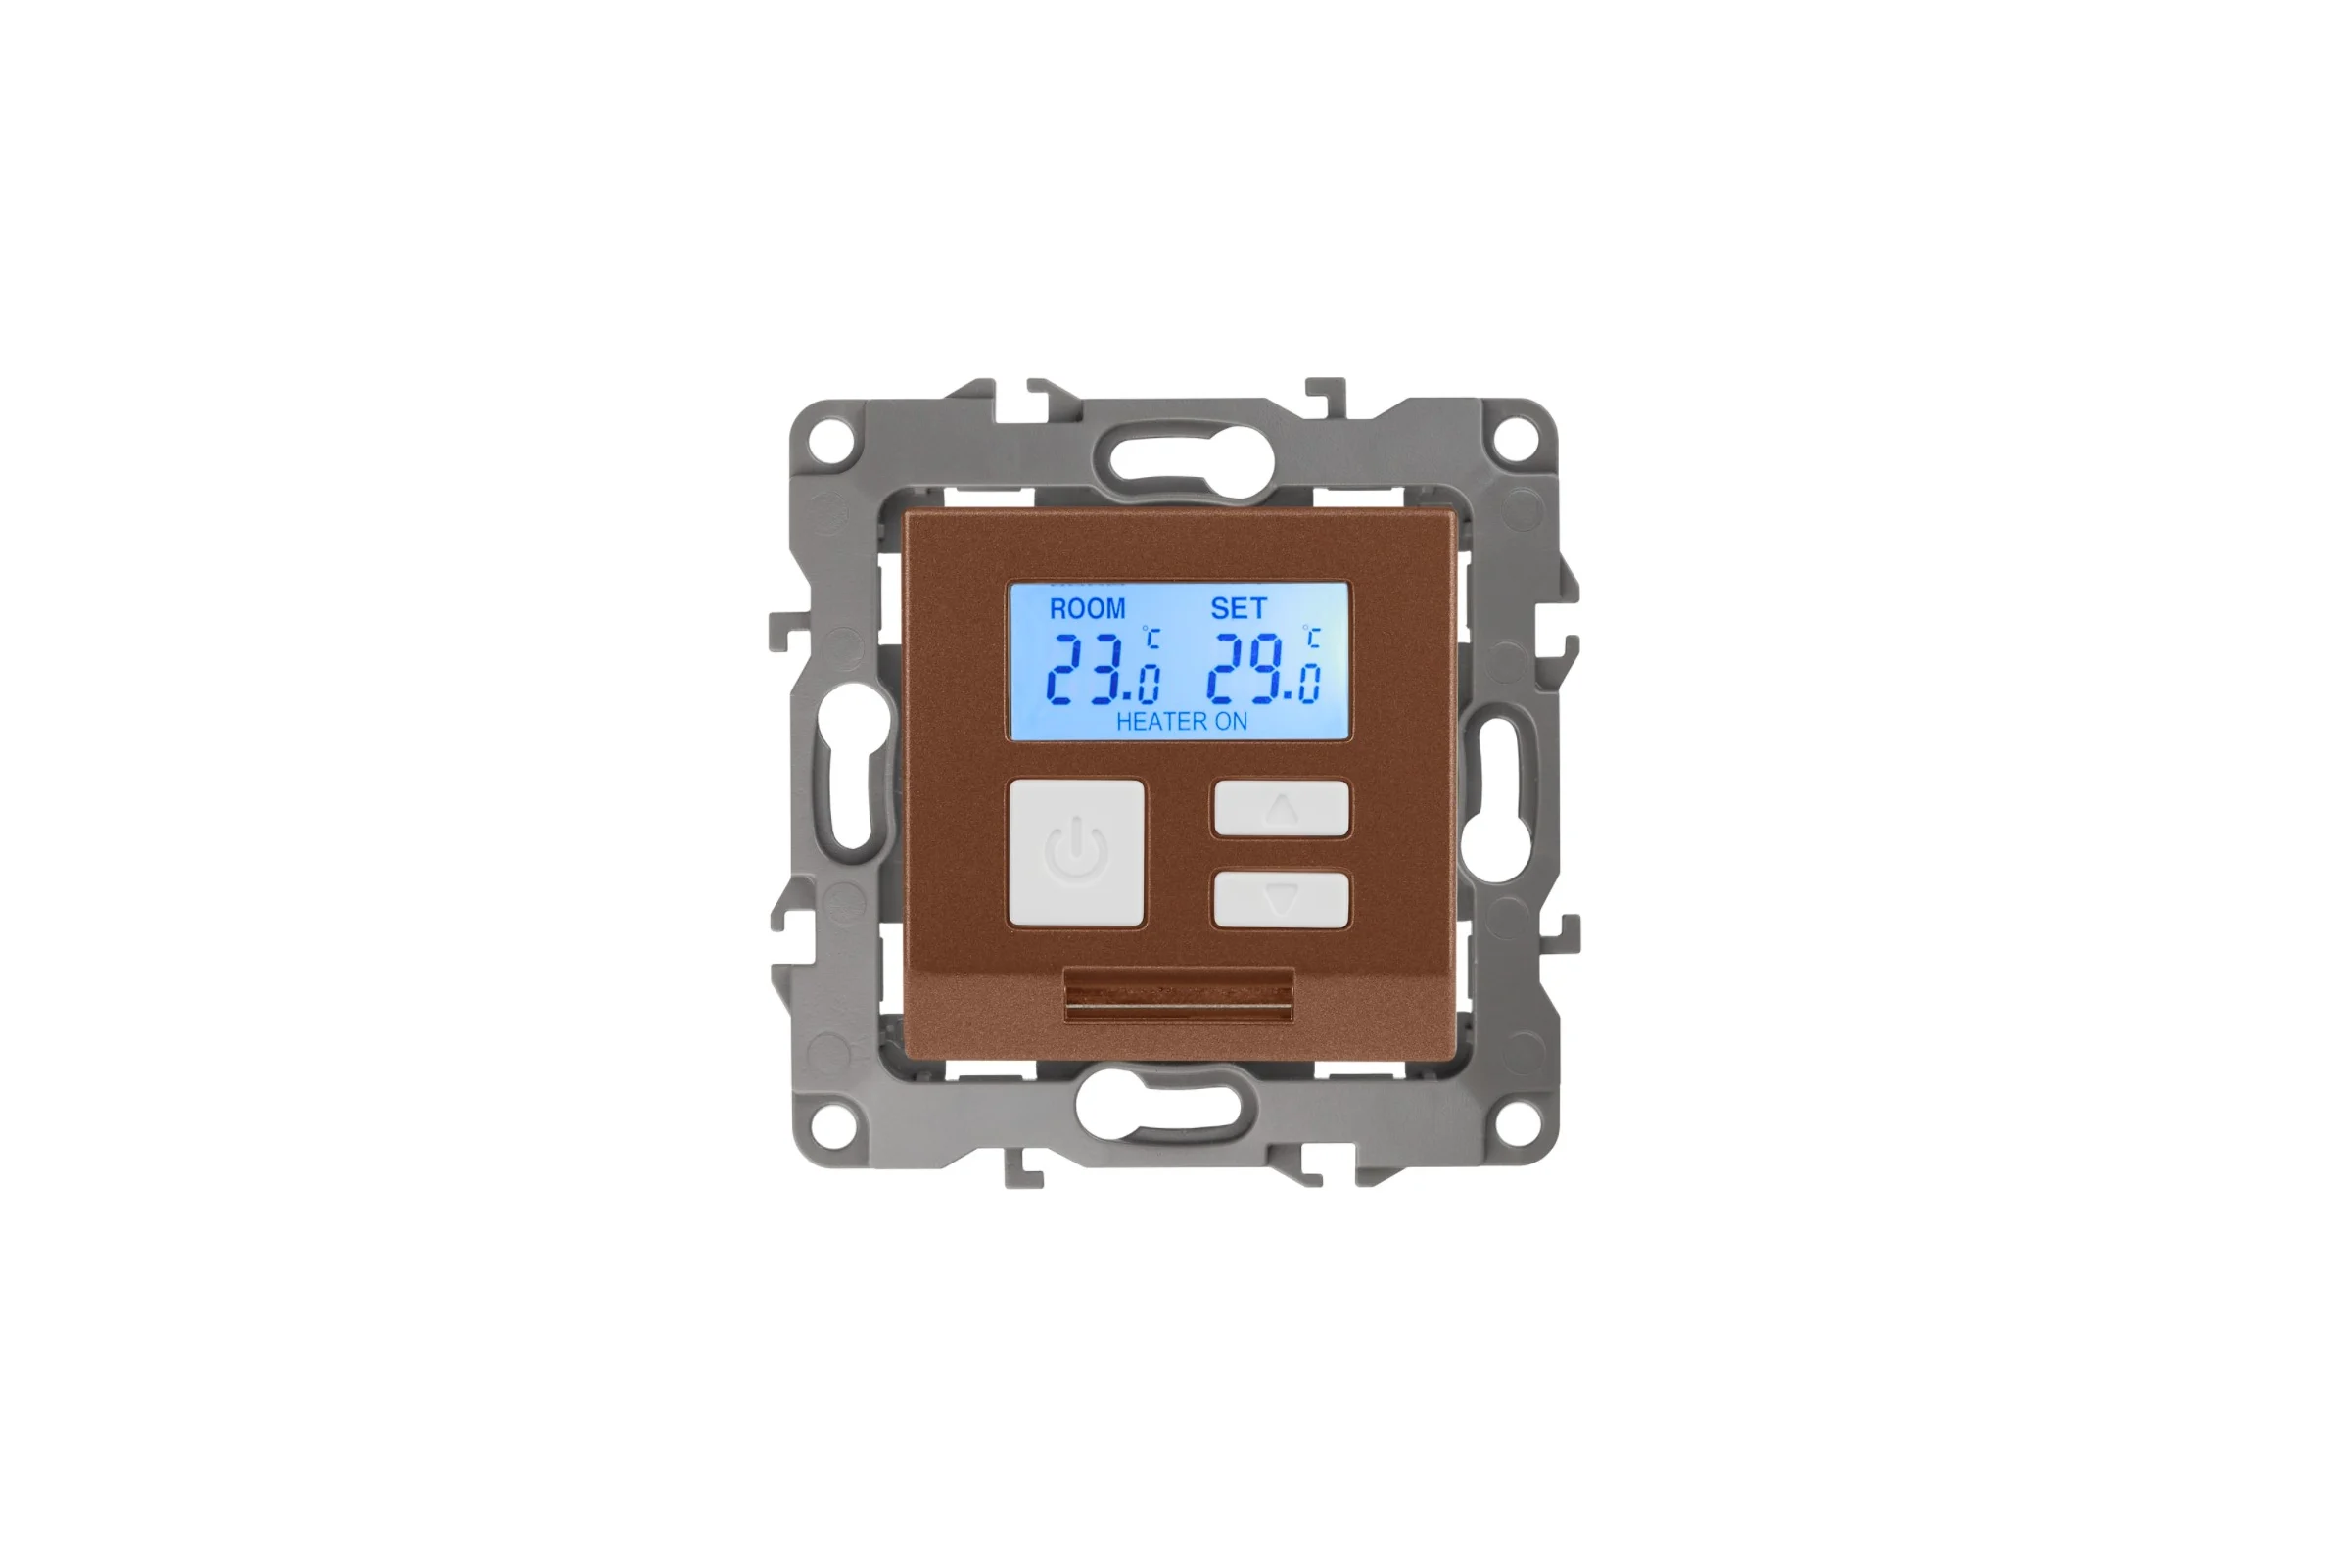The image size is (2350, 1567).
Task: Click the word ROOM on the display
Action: pyautogui.click(x=1087, y=607)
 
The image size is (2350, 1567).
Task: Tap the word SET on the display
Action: pyautogui.click(x=1238, y=607)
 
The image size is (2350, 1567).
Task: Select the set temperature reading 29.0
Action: pyautogui.click(x=1263, y=670)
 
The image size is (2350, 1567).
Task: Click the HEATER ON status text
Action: pyautogui.click(x=1181, y=722)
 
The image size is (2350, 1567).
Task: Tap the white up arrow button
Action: pyautogui.click(x=1281, y=807)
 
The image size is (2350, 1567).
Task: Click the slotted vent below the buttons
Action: pyautogui.click(x=1179, y=994)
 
